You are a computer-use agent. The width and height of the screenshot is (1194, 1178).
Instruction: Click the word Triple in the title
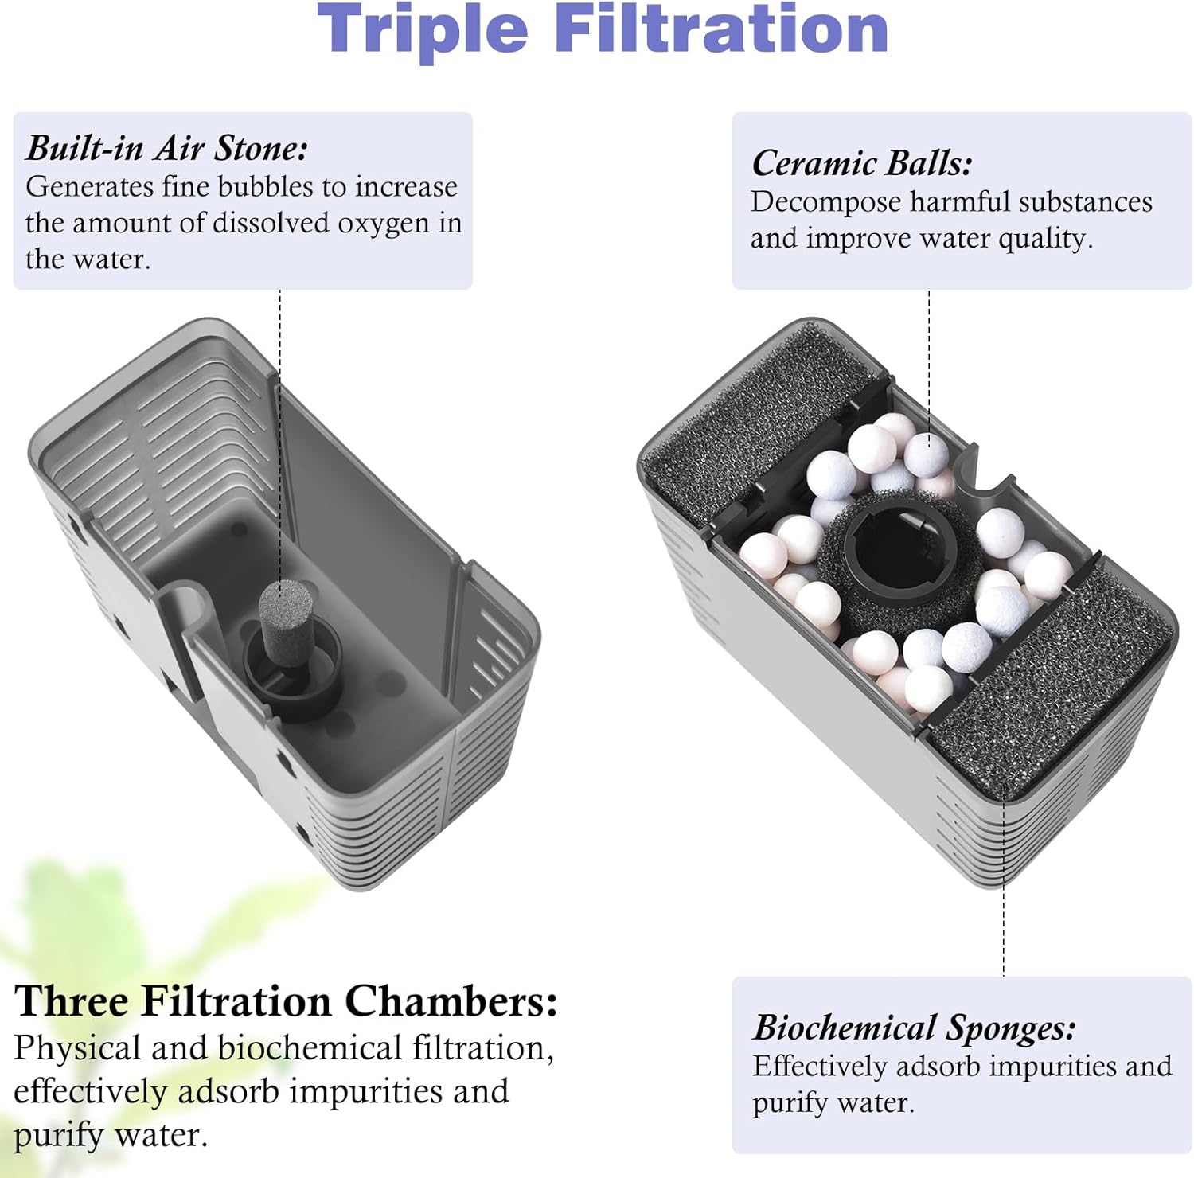pyautogui.click(x=423, y=30)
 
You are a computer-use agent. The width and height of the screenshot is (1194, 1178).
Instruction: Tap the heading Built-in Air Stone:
pyautogui.click(x=167, y=148)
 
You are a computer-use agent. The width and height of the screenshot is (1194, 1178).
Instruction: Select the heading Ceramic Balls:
pyautogui.click(x=862, y=163)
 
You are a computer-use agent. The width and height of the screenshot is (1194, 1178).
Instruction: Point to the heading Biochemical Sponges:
pyautogui.click(x=915, y=1028)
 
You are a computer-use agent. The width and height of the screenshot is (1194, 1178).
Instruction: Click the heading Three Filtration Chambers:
pyautogui.click(x=286, y=1001)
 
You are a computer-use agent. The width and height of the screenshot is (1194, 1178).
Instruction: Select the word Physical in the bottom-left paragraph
pyautogui.click(x=77, y=1048)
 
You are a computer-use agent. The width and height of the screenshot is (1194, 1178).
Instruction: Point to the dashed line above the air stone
pyautogui.click(x=280, y=435)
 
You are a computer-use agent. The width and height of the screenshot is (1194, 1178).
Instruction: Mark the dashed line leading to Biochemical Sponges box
pyautogui.click(x=1004, y=887)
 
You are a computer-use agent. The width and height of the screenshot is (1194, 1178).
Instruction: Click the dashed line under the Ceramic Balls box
pyautogui.click(x=929, y=363)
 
